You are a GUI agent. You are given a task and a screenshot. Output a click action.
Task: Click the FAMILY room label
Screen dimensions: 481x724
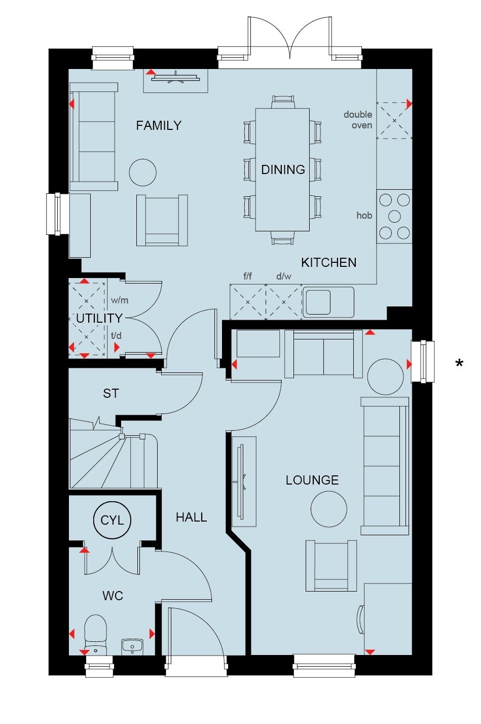[x=159, y=125]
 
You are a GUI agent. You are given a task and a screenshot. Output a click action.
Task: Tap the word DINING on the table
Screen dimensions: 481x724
[x=283, y=169]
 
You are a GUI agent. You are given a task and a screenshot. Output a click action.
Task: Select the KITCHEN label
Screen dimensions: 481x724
[x=328, y=262]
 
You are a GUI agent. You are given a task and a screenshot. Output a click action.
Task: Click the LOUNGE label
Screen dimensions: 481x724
[x=312, y=480]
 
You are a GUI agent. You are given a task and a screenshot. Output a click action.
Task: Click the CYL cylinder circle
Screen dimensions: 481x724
[x=112, y=520]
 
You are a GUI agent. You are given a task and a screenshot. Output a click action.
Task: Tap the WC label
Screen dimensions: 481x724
[x=113, y=595]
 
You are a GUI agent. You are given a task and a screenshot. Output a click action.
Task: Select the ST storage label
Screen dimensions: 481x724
[x=110, y=393]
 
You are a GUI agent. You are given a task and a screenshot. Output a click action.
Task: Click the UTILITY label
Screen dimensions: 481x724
[x=99, y=318]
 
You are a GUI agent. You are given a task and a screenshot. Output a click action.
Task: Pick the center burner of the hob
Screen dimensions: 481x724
[x=394, y=216]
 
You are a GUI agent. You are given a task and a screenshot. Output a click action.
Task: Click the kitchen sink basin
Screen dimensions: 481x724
[x=318, y=302]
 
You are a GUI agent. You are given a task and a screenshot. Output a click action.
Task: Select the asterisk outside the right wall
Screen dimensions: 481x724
[x=459, y=364]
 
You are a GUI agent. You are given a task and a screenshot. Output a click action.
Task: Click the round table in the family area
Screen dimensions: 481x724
[x=143, y=173]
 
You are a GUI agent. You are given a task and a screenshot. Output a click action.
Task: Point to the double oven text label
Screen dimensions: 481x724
[x=358, y=120]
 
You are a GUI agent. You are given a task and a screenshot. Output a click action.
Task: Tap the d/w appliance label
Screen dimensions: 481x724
[x=284, y=276]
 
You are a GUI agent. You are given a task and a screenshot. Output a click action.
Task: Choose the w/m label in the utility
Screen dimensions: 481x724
[x=120, y=300]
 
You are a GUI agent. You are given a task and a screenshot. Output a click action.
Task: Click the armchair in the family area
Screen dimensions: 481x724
[x=162, y=220]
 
